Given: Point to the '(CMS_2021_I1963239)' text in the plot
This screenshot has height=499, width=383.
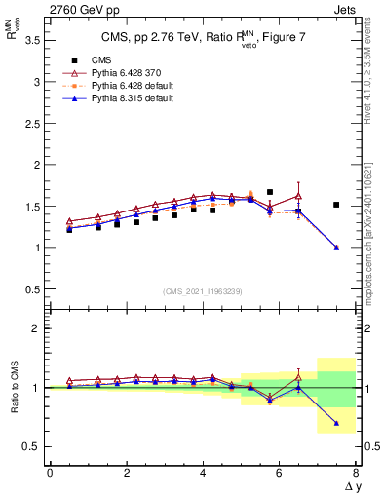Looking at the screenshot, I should point(204,291).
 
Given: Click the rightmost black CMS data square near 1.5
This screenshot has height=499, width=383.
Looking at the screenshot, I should point(336,205).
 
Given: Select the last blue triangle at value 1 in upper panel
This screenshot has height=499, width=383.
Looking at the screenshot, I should point(336,248).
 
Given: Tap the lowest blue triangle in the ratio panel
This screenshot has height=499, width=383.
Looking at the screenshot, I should point(336,423).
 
